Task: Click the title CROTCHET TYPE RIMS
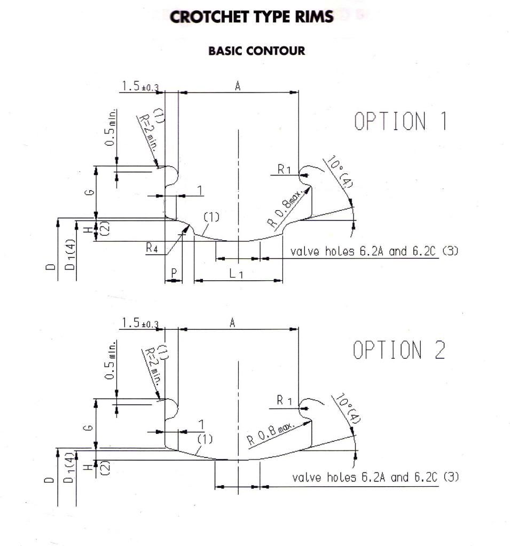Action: pyautogui.click(x=252, y=17)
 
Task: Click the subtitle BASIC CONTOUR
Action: pyautogui.click(x=256, y=51)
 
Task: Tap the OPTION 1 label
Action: pyautogui.click(x=401, y=121)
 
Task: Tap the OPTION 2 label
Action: pyautogui.click(x=399, y=350)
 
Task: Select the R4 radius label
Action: pyautogui.click(x=152, y=248)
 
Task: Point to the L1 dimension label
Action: pyautogui.click(x=236, y=274)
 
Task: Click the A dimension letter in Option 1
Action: pyautogui.click(x=238, y=85)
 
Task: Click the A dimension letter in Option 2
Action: pyautogui.click(x=232, y=323)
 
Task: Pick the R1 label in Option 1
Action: pyautogui.click(x=284, y=170)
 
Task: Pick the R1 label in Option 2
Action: pyautogui.click(x=284, y=400)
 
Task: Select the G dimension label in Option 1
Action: pyautogui.click(x=90, y=192)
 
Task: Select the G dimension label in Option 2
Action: pyautogui.click(x=90, y=428)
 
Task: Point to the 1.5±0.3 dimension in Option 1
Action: pyautogui.click(x=140, y=86)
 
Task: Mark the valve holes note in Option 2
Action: pyautogui.click(x=375, y=477)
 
